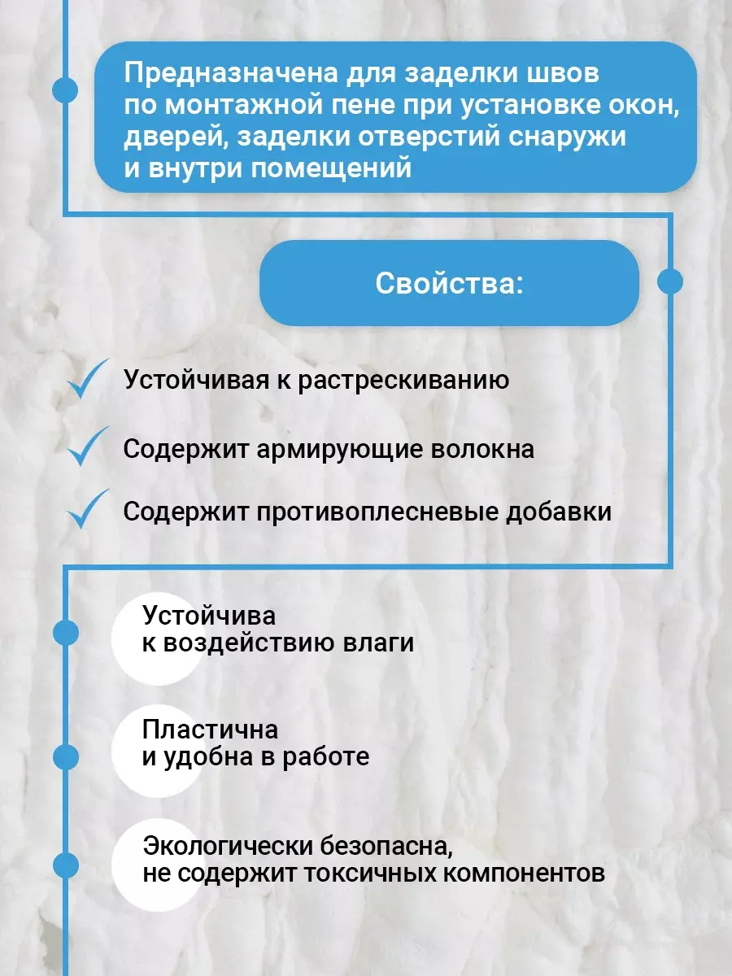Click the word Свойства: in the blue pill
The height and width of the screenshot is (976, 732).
tap(449, 283)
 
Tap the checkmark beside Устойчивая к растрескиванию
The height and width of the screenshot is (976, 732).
tap(88, 378)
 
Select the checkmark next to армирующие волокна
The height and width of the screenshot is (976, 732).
tap(88, 446)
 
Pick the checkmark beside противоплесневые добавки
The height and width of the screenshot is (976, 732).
tap(88, 509)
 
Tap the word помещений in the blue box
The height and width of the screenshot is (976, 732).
tap(331, 169)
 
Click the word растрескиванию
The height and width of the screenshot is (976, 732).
tap(403, 381)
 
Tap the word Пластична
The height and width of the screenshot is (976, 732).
tap(210, 730)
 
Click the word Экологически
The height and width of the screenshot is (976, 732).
tap(229, 846)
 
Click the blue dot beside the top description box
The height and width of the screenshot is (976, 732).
tap(65, 90)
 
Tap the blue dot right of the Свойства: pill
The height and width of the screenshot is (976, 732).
tap(669, 281)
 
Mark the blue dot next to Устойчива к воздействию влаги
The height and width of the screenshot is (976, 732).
tap(66, 633)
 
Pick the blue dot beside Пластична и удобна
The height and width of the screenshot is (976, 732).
tap(66, 756)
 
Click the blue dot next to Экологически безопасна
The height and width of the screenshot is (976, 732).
tap(66, 865)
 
